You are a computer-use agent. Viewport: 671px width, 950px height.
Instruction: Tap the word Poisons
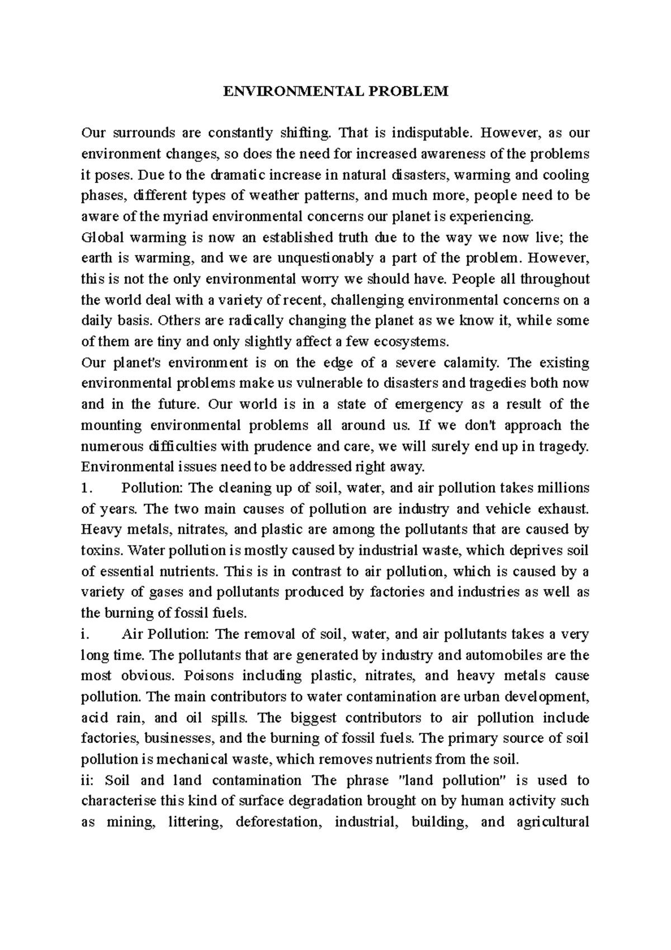click(x=205, y=676)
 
